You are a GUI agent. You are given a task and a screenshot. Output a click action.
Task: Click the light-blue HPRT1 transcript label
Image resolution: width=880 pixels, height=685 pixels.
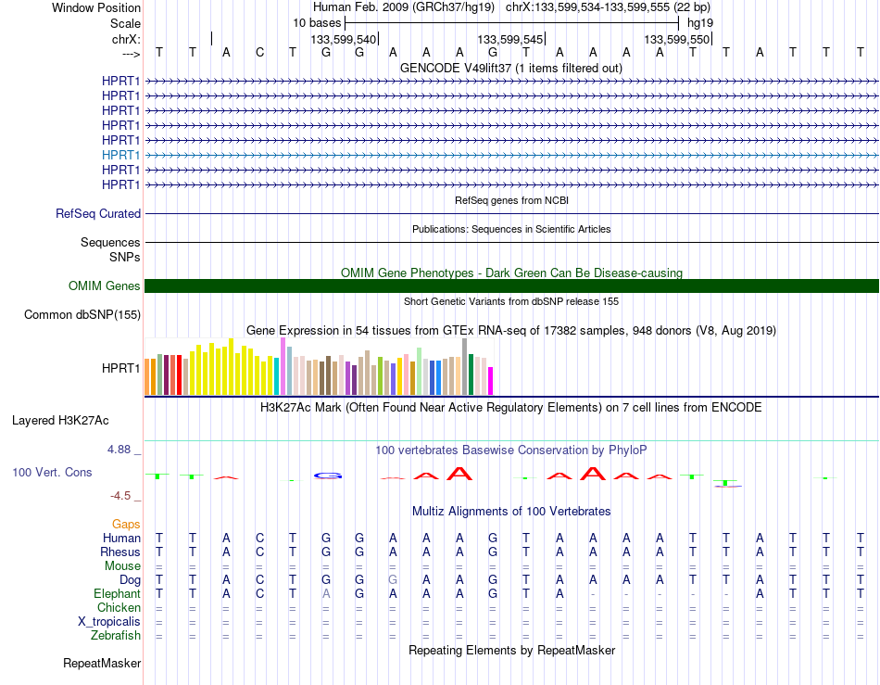click(x=120, y=155)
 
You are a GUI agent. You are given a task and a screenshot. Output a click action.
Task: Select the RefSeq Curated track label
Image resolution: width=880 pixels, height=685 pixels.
click(x=98, y=213)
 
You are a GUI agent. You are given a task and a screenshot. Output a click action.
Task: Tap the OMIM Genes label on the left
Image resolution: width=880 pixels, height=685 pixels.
click(x=105, y=285)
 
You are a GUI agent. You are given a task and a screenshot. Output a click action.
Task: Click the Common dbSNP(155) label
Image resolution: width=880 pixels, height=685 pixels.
click(x=82, y=314)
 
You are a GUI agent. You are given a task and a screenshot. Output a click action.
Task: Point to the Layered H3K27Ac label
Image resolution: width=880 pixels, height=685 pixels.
click(x=60, y=421)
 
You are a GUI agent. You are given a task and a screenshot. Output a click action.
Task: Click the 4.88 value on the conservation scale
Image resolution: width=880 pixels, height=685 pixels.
click(x=119, y=450)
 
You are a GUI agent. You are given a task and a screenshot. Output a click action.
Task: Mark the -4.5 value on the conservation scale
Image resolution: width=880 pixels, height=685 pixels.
click(x=120, y=495)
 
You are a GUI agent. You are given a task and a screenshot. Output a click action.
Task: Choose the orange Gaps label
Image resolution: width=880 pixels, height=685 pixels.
click(x=126, y=524)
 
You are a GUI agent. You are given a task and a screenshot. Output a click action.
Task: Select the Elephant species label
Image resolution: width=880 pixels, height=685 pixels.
click(x=118, y=593)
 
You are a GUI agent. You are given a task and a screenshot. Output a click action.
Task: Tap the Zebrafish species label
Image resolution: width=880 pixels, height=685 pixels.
click(x=116, y=635)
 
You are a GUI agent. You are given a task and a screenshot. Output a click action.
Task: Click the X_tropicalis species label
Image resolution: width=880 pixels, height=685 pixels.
click(x=109, y=622)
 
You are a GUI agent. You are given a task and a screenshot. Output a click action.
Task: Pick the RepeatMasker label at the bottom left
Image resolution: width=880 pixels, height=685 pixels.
click(x=102, y=663)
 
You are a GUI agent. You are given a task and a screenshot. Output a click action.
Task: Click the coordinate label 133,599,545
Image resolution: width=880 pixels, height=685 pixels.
click(x=510, y=39)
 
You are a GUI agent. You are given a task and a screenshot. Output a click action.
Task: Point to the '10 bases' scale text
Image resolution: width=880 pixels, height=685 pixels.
click(x=317, y=23)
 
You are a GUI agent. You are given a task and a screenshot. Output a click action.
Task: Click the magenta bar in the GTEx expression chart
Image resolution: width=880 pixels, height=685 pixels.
click(x=491, y=381)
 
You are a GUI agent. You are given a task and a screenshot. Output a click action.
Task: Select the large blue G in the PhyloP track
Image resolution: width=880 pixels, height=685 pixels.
click(x=328, y=476)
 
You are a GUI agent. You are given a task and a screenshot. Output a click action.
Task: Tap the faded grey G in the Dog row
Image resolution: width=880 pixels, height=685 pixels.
click(x=393, y=579)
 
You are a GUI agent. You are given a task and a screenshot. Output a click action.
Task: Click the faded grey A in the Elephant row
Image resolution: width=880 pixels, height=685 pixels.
click(x=326, y=593)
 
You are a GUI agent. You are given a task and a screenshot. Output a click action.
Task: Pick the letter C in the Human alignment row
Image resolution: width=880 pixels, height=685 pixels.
click(x=259, y=538)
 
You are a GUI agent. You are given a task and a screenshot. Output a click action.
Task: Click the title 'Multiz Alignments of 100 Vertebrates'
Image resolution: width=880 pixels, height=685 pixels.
click(x=511, y=511)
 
